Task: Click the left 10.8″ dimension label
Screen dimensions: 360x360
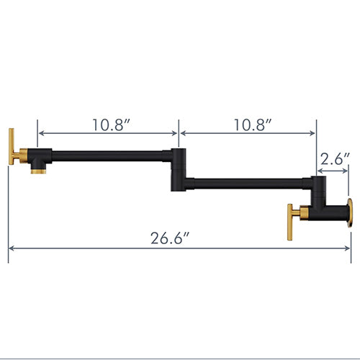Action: (110, 123)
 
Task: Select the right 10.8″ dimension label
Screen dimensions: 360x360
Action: (251, 123)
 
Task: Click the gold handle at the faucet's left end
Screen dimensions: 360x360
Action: (13, 148)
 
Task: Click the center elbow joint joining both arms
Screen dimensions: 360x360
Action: (178, 169)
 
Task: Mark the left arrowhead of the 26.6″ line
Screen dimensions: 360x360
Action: (11, 249)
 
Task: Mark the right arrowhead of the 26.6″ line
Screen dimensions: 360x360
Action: (348, 249)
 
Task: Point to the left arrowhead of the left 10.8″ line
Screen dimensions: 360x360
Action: (40, 133)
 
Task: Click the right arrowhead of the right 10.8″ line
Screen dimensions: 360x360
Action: (314, 133)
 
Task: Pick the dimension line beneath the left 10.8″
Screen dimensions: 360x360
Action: (108, 133)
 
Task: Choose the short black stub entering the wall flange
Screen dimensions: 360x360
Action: (336, 213)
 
